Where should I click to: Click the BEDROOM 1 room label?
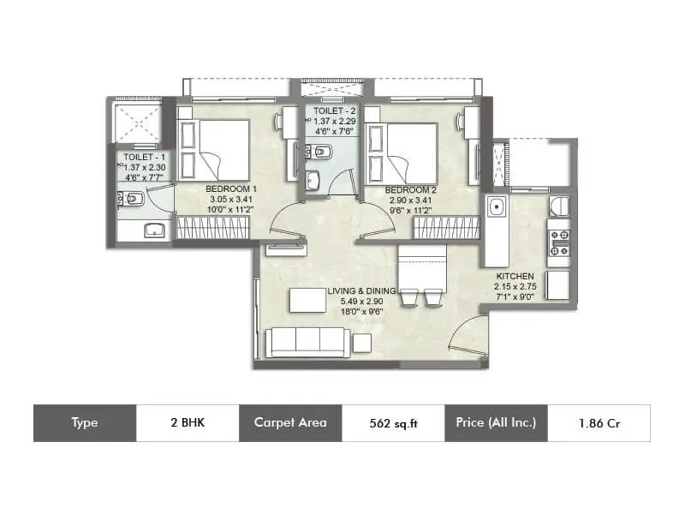[x=231, y=188]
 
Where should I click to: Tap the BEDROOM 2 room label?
[x=411, y=190]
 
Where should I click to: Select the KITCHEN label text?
[x=515, y=276]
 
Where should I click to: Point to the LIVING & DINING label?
[x=361, y=290]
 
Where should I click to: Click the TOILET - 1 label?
[x=144, y=157]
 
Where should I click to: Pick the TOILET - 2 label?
[x=335, y=111]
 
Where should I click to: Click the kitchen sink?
[x=497, y=206]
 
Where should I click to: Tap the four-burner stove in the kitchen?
[x=559, y=243]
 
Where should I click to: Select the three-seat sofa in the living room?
[x=308, y=343]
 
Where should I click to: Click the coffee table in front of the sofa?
[x=308, y=301]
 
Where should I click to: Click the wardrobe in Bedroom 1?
[x=212, y=227]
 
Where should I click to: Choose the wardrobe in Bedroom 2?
[x=446, y=228]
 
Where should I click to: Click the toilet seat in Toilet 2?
[x=321, y=152]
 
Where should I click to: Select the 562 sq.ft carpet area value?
[x=393, y=423]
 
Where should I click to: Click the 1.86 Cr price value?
[x=599, y=423]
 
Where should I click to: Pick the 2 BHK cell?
[x=188, y=422]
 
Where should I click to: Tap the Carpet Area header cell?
[x=290, y=422]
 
